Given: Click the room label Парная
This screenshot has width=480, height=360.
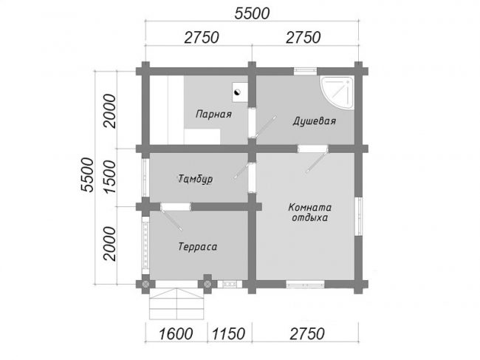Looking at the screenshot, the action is click(x=213, y=115).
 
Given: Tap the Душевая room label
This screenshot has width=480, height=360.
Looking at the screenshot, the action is click(x=315, y=121).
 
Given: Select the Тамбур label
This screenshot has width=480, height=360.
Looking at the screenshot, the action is click(x=195, y=179).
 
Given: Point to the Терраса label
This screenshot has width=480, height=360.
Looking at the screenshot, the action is click(x=198, y=247).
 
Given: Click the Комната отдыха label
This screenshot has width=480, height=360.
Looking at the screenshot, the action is click(x=310, y=212).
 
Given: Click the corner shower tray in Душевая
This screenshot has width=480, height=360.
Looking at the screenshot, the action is click(x=337, y=92).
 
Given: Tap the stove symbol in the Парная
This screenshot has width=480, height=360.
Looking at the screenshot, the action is click(x=240, y=92).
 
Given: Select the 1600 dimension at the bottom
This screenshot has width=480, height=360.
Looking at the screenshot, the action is click(x=176, y=333).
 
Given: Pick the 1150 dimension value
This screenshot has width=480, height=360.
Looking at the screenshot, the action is click(x=229, y=333).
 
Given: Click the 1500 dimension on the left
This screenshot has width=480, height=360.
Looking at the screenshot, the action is click(x=110, y=177).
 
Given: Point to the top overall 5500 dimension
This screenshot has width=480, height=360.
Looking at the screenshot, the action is click(x=252, y=13).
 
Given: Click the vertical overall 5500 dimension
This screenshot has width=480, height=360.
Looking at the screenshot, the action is click(x=87, y=174).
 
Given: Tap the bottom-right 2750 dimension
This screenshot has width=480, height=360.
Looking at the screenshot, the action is click(x=306, y=333).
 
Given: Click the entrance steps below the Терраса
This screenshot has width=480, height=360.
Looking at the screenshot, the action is click(x=176, y=303).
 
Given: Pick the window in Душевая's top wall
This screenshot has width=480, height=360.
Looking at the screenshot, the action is click(x=305, y=72).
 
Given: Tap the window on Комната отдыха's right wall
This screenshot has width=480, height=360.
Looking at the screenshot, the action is click(x=358, y=217).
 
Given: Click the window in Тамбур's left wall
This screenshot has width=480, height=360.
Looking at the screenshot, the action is click(x=145, y=177).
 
